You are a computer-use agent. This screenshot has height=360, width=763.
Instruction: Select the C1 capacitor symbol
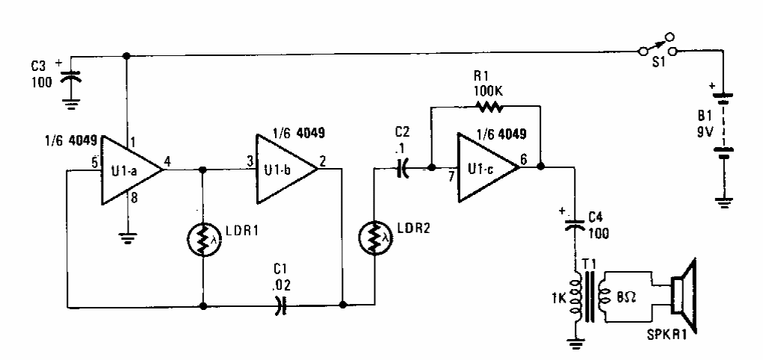pos(279,305)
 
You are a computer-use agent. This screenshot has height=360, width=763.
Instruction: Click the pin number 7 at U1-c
pos(451,179)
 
